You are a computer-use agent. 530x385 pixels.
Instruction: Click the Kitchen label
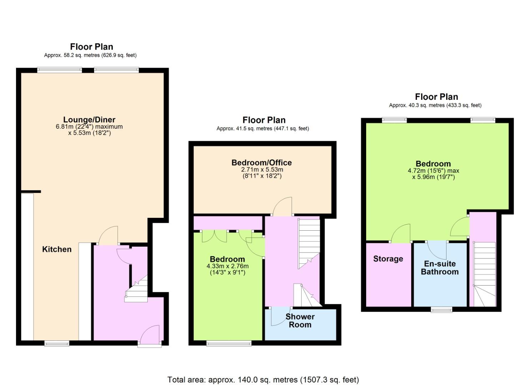tap(57, 249)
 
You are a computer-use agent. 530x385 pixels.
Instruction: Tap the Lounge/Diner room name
tap(89, 119)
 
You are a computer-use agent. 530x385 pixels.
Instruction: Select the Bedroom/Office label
tap(262, 163)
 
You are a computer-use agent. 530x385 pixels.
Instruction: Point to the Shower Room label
tap(300, 321)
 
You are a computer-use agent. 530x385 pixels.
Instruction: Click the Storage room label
tap(388, 259)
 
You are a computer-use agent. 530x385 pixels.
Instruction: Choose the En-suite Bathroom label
tap(440, 268)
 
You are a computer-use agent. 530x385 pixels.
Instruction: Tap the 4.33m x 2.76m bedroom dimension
tap(228, 266)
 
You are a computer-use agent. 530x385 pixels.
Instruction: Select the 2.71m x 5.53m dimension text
tap(262, 169)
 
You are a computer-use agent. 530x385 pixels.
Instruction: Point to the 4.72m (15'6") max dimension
tap(434, 171)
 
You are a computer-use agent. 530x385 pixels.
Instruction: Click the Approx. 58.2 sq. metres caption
tap(90, 55)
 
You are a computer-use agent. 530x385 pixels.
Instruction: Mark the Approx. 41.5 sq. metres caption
tap(263, 129)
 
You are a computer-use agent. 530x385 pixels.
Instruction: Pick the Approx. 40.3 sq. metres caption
tap(435, 106)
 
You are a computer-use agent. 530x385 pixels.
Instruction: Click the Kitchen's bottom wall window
tap(57, 343)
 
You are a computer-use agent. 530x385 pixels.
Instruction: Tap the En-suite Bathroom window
tap(441, 310)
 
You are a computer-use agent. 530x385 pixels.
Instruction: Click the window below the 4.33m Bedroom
tap(229, 343)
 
